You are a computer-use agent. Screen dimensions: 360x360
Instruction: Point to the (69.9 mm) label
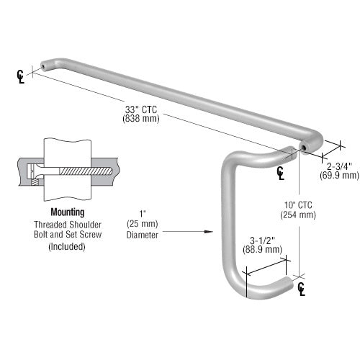(339, 175)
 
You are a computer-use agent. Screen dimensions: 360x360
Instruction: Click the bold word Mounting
(67, 212)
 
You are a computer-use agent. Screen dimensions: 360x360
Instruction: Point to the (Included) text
(66, 246)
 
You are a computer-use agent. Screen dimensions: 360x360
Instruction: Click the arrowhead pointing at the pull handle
(210, 232)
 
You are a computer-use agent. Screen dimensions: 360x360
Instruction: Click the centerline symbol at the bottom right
(302, 288)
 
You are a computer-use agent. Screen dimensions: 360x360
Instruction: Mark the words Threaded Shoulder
(66, 224)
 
